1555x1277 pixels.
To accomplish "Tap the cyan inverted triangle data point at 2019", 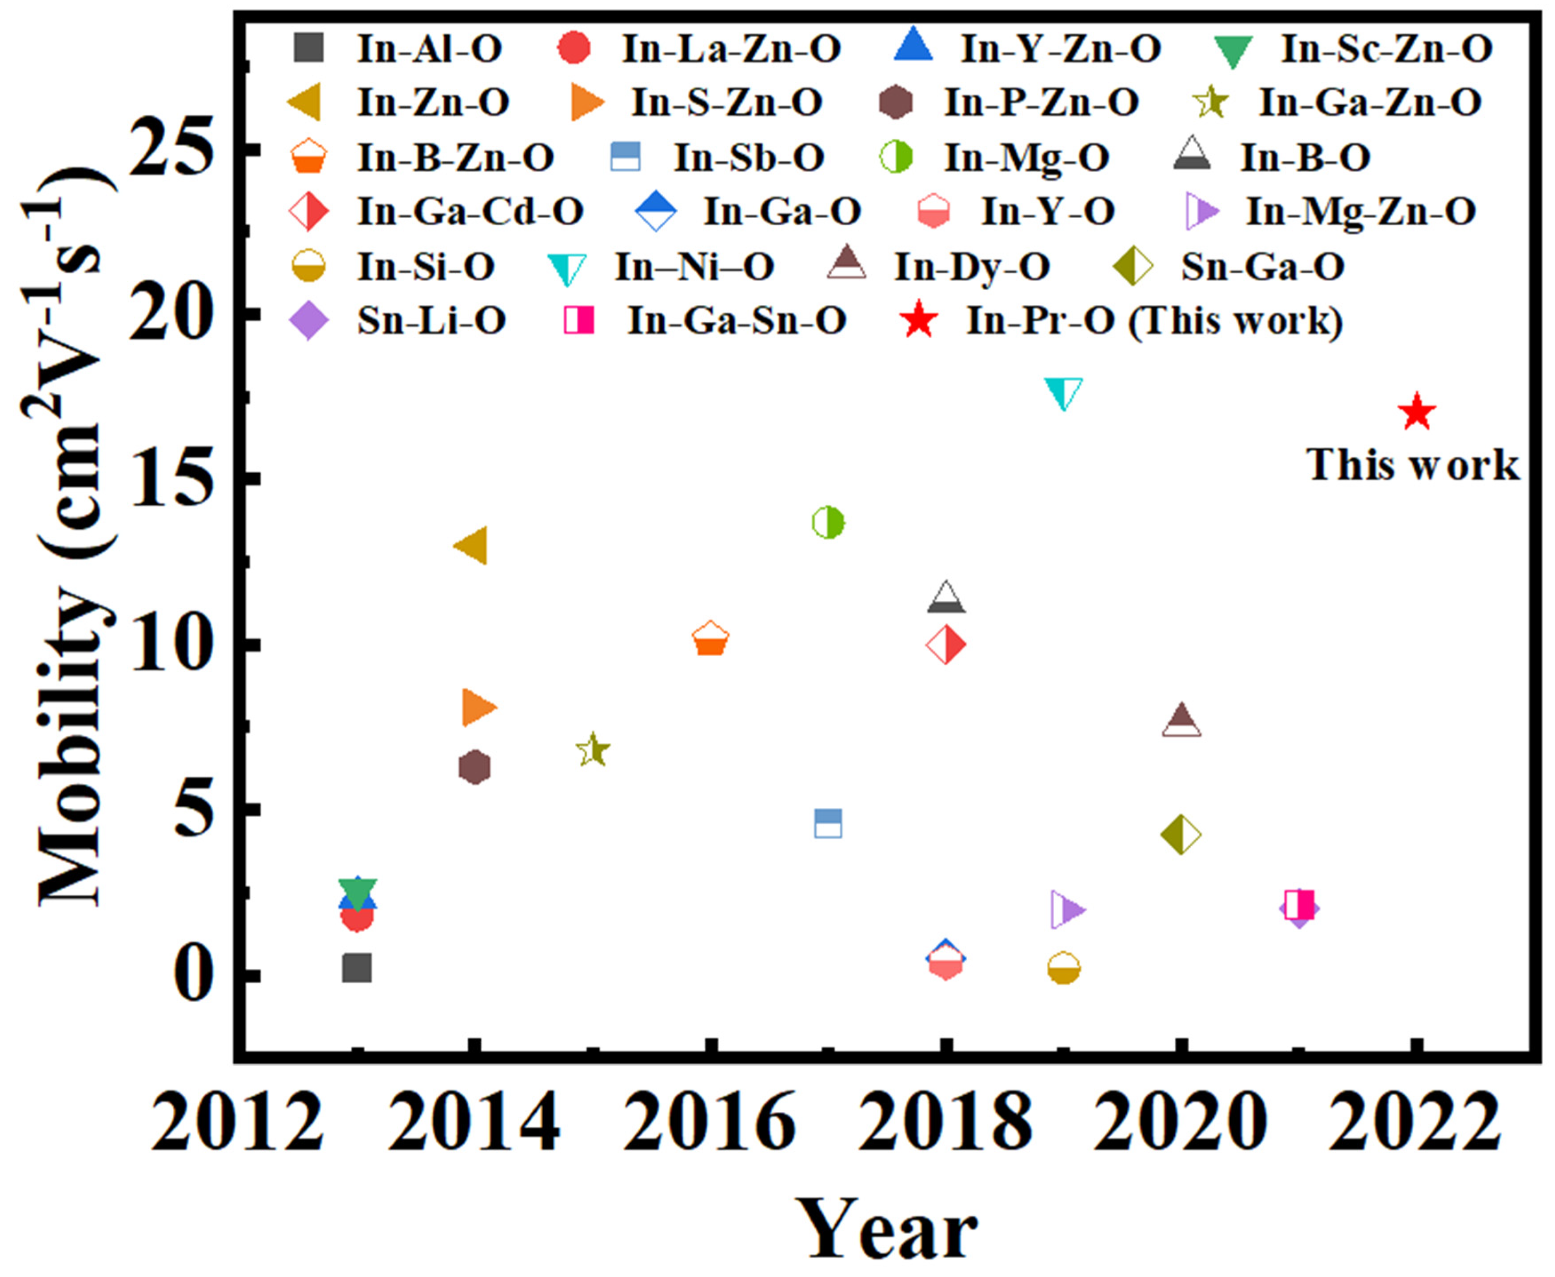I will coord(1064,393).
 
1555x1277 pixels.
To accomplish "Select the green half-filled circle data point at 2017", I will coord(828,522).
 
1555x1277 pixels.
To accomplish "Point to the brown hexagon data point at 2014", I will coord(474,767).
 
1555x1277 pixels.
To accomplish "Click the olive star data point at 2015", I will coord(593,750).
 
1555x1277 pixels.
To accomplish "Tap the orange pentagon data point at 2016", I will coord(710,638).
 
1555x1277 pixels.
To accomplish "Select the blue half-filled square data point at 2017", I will coord(828,824).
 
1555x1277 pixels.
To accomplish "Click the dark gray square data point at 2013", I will coord(357,969).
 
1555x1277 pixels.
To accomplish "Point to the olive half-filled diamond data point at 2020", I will coord(1180,835).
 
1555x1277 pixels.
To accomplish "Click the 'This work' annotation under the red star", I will coord(1412,466).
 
